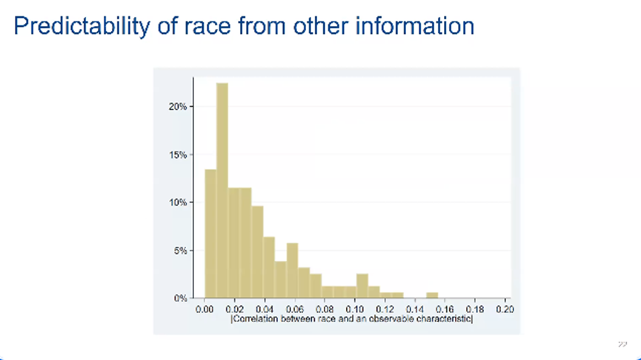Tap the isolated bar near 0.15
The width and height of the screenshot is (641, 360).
[432, 296]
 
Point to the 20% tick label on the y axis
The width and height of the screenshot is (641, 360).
[179, 107]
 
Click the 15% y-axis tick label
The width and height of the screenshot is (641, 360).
[179, 155]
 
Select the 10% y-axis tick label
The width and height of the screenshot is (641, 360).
[179, 202]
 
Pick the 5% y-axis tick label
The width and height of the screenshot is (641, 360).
[182, 250]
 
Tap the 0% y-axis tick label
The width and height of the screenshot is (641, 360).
[182, 298]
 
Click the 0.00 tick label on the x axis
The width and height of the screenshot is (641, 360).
[205, 309]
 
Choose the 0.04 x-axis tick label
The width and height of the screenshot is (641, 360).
[265, 309]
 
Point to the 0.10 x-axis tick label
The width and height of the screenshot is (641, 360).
[355, 309]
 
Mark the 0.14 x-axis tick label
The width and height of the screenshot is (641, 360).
[415, 309]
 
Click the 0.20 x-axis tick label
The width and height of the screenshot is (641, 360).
[505, 309]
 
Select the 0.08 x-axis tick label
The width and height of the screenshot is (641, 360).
[325, 309]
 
